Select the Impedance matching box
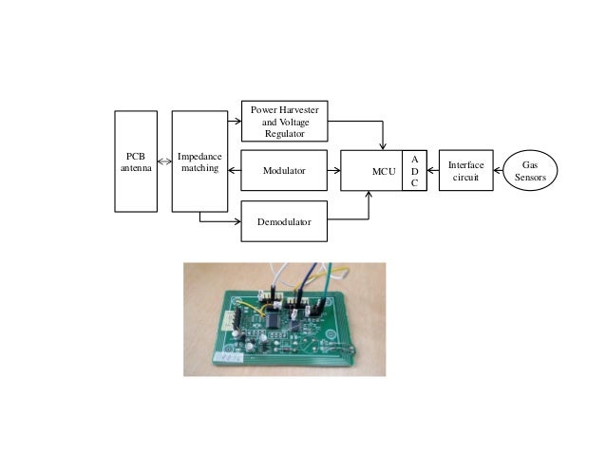pos(199,161)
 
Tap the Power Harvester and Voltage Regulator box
pos(284,122)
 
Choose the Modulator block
pos(284,171)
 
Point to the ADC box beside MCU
pos(414,171)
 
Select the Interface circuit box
pos(466,171)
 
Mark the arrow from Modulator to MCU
pos(333,171)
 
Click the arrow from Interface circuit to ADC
pos(433,171)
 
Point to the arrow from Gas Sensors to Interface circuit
pos(499,171)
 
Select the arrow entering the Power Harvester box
pos(235,122)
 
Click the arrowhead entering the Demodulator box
pos(237,221)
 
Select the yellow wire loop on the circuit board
pos(249,306)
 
